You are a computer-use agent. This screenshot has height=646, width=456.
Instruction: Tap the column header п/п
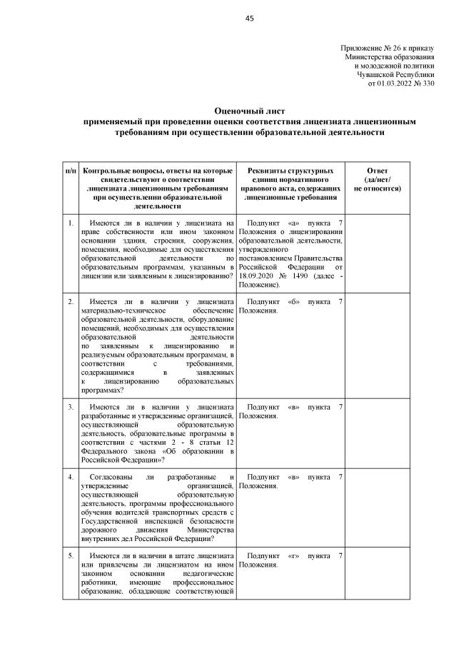71,172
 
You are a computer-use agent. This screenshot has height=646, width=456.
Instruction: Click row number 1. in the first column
71,223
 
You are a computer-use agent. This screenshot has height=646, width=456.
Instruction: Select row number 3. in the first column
71,407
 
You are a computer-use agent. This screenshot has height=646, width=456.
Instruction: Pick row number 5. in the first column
71,555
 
